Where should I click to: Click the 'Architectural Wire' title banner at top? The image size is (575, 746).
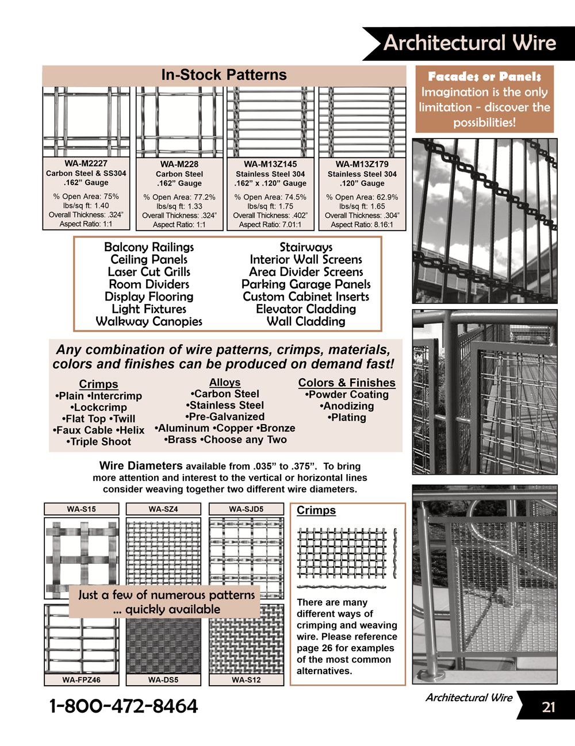[x=469, y=43]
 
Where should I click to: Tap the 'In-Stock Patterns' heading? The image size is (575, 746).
[x=224, y=75]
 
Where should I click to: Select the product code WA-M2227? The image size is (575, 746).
[x=86, y=164]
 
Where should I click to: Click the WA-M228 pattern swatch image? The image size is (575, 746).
[x=179, y=122]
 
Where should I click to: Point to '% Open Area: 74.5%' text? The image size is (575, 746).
[x=270, y=197]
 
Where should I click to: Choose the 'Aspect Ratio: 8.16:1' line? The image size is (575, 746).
[x=362, y=225]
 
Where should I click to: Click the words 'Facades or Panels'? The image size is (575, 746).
[x=484, y=76]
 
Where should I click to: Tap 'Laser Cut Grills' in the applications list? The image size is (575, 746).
[x=149, y=272]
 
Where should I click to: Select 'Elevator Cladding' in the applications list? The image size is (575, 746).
[x=306, y=309]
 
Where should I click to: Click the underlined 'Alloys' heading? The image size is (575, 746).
[x=225, y=383]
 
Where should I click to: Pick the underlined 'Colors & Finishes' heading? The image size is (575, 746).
[x=347, y=383]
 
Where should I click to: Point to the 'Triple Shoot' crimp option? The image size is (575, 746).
[x=99, y=442]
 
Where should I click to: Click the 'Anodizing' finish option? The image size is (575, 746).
[x=347, y=406]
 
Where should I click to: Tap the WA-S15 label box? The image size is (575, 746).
[x=82, y=509]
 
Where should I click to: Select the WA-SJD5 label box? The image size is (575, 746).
[x=246, y=509]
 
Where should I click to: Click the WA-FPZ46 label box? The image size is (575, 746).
[x=82, y=680]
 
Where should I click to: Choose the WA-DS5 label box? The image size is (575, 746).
[x=163, y=680]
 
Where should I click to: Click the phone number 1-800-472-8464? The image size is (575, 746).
[x=124, y=706]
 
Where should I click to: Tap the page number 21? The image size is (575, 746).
[x=549, y=707]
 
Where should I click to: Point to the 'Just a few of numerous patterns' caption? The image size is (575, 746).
[x=167, y=595]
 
